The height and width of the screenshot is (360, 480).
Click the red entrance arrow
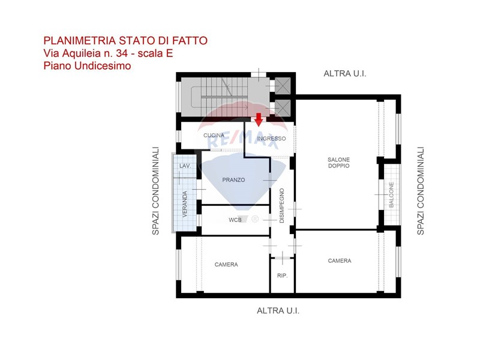point(259,119)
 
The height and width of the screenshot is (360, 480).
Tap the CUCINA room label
point(214,136)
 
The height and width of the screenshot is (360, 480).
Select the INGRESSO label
point(271,139)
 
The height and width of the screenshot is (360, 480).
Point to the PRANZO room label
point(233,180)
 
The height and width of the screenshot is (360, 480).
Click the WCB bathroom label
point(235,220)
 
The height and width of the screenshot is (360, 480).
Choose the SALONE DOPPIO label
point(338,163)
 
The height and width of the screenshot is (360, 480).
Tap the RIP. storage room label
point(282,275)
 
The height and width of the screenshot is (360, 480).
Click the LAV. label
point(185,166)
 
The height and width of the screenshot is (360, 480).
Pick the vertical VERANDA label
point(185,204)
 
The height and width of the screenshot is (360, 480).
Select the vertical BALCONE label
point(391,195)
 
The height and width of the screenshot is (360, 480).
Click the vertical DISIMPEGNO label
point(282,206)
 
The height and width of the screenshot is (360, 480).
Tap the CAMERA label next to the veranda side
point(226,265)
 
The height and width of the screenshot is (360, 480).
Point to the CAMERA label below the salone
point(340,261)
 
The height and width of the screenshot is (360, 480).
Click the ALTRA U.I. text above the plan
point(345,73)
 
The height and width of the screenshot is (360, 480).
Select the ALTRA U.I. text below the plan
point(278,311)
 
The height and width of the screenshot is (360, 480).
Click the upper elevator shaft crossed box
point(283,86)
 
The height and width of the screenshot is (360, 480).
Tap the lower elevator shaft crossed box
point(283,108)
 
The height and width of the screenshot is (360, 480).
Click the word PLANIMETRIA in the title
point(80,40)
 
